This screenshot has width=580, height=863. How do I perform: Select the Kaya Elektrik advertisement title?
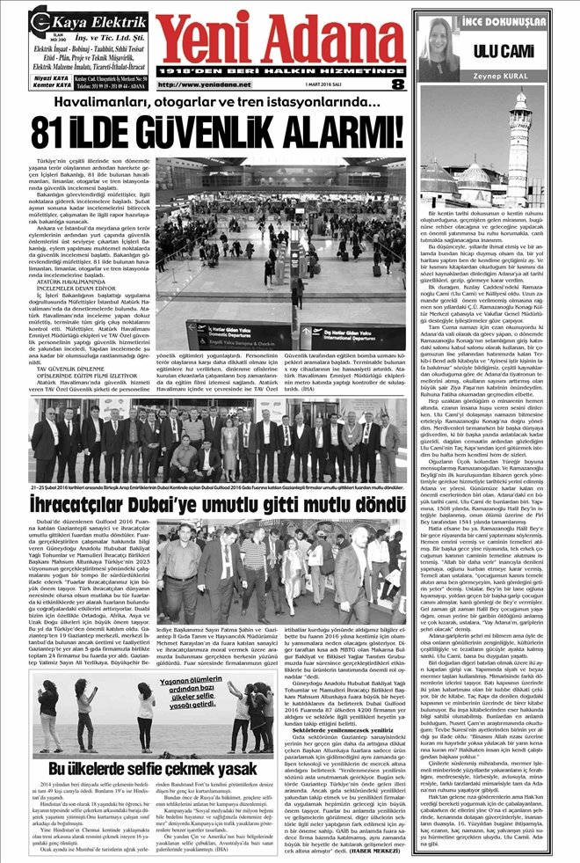point(80,18)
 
